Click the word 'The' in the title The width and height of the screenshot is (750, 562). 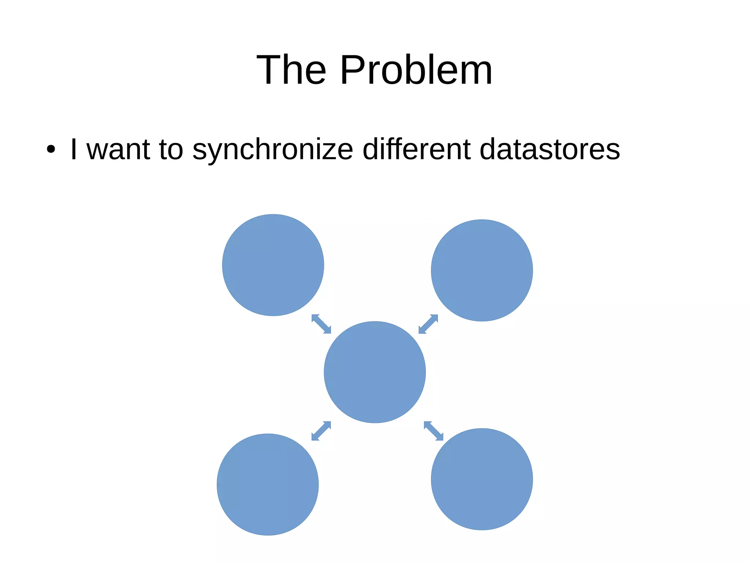click(x=291, y=70)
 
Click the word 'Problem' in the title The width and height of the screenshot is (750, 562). click(x=416, y=70)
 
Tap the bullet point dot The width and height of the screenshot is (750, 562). click(x=51, y=149)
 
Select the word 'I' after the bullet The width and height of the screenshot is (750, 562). click(x=74, y=149)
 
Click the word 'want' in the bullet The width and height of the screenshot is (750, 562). click(x=118, y=149)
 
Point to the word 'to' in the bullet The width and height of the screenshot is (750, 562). click(x=171, y=149)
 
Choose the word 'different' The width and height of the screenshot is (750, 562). click(x=416, y=149)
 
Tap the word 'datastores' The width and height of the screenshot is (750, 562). click(x=549, y=149)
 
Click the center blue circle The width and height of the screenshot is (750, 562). click(x=375, y=372)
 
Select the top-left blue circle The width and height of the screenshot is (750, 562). click(x=273, y=265)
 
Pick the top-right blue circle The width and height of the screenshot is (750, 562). click(x=482, y=270)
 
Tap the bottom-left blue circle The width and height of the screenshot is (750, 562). click(x=268, y=484)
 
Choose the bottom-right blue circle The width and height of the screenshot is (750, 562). click(x=482, y=479)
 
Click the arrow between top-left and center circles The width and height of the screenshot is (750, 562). click(x=321, y=324)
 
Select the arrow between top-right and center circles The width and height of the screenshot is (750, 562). click(x=428, y=324)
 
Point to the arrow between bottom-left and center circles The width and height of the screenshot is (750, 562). click(x=321, y=431)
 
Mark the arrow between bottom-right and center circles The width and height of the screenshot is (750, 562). click(x=434, y=431)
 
